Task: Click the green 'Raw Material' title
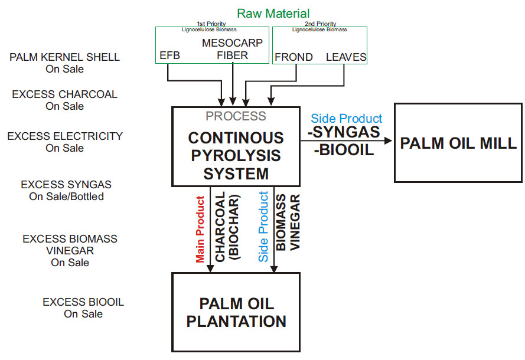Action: click(273, 12)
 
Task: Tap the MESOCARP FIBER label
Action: click(232, 50)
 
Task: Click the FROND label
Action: click(293, 58)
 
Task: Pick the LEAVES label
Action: click(346, 58)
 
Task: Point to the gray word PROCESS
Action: click(236, 116)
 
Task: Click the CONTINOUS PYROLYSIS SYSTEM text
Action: click(236, 156)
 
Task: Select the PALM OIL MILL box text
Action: click(458, 143)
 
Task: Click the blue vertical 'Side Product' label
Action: click(263, 227)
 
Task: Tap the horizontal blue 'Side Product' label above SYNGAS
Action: click(347, 118)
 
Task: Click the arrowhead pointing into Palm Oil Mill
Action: click(389, 141)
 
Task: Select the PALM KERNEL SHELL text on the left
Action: click(65, 57)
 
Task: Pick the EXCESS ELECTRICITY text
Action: click(65, 136)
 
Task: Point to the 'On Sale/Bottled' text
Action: click(66, 197)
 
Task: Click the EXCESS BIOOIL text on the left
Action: click(83, 302)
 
